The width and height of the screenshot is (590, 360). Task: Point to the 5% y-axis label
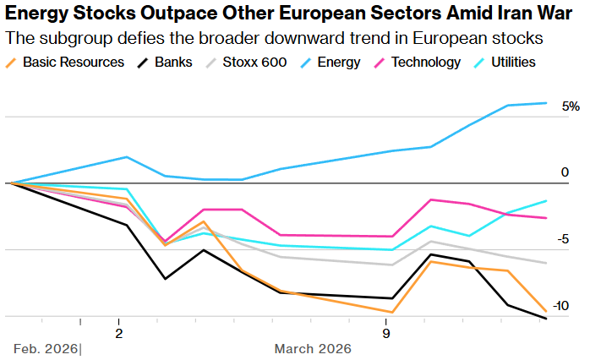(571, 106)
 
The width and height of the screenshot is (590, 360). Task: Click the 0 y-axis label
(565, 172)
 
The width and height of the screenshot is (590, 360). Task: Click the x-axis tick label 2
(118, 333)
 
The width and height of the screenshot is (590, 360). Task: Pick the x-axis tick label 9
(386, 333)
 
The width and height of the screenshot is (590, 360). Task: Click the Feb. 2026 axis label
(46, 349)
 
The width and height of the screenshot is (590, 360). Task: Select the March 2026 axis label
(313, 349)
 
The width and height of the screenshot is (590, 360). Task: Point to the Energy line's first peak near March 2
(126, 157)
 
